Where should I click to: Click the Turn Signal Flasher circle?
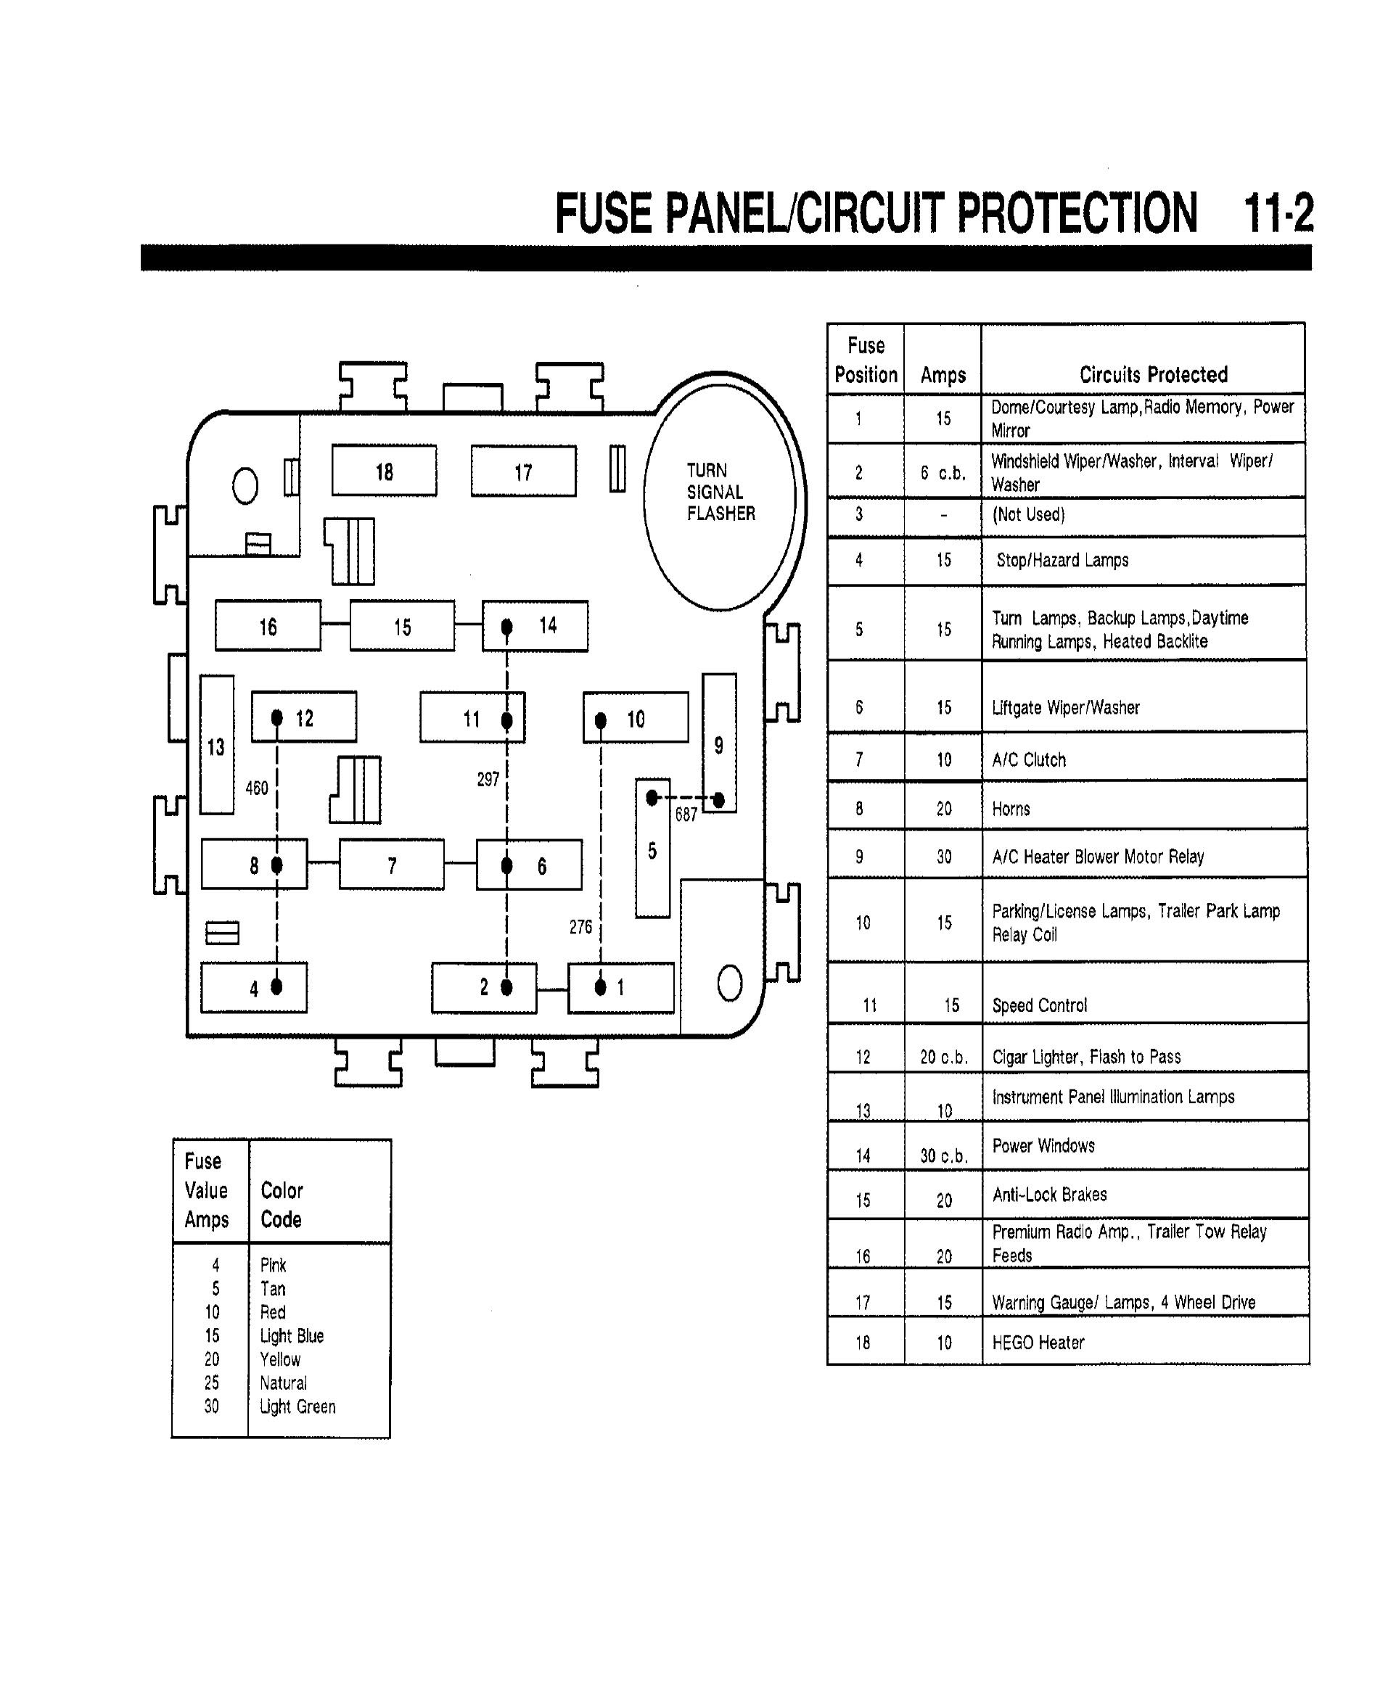[x=720, y=492]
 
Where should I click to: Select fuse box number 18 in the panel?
[x=385, y=471]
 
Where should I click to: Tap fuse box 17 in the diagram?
[x=524, y=472]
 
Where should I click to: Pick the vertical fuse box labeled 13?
[x=216, y=746]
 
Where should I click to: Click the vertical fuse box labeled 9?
[x=719, y=743]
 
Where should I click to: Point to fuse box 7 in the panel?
[x=392, y=865]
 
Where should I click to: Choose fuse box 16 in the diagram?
[x=268, y=626]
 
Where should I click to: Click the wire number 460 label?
[x=257, y=788]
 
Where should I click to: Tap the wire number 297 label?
[x=488, y=779]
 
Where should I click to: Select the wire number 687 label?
[x=686, y=815]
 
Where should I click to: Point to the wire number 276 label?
[x=580, y=927]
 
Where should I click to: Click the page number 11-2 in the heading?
[x=1278, y=213]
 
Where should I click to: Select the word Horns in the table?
[x=1011, y=809]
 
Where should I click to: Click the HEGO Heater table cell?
[x=1038, y=1342]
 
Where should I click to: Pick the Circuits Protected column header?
[x=1153, y=375]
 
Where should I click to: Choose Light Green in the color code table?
[x=297, y=1406]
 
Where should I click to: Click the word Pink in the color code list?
[x=273, y=1265]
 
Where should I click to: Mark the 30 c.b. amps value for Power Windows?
[x=944, y=1155]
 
